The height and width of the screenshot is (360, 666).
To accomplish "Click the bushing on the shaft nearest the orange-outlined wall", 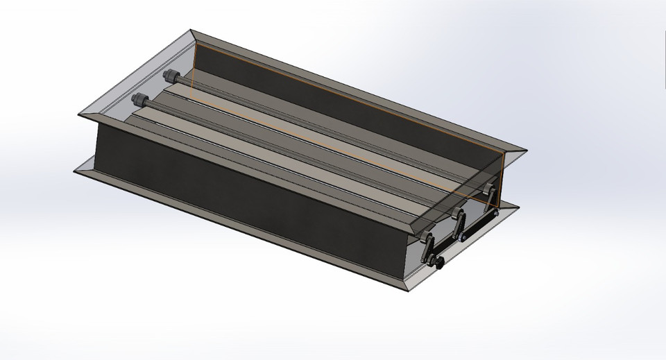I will point(169,76).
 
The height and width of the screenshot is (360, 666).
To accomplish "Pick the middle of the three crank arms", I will point(459,222).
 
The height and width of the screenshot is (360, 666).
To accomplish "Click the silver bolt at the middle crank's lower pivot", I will point(462,237).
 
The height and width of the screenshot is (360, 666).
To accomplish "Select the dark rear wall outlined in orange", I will point(333,104).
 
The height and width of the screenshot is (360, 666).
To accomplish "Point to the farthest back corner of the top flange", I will point(192,30).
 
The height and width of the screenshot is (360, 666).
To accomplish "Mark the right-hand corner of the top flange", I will point(524,151).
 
